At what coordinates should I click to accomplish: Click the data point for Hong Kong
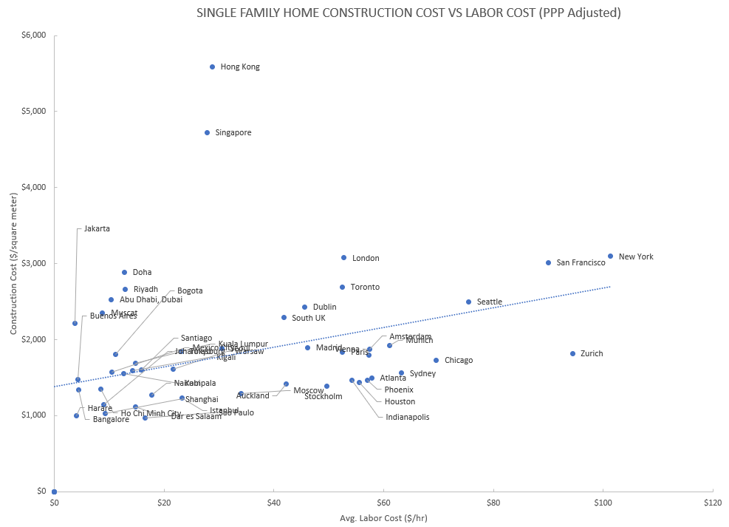point(212,67)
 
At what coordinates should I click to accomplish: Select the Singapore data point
point(207,132)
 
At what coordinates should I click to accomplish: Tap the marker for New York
point(610,256)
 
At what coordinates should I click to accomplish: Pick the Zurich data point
point(572,353)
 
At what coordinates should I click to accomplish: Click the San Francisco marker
point(548,262)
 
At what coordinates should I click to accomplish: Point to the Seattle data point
point(468,302)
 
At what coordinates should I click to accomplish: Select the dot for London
point(343,258)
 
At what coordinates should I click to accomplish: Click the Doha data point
point(124,272)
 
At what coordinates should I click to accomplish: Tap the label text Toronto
point(365,287)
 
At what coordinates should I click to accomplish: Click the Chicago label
point(458,360)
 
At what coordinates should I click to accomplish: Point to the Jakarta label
point(97,228)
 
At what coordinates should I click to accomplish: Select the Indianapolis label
point(407,417)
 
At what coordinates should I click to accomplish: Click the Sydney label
point(422,373)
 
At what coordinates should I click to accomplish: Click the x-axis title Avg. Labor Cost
point(383,517)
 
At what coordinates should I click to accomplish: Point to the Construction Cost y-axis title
point(14,262)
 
